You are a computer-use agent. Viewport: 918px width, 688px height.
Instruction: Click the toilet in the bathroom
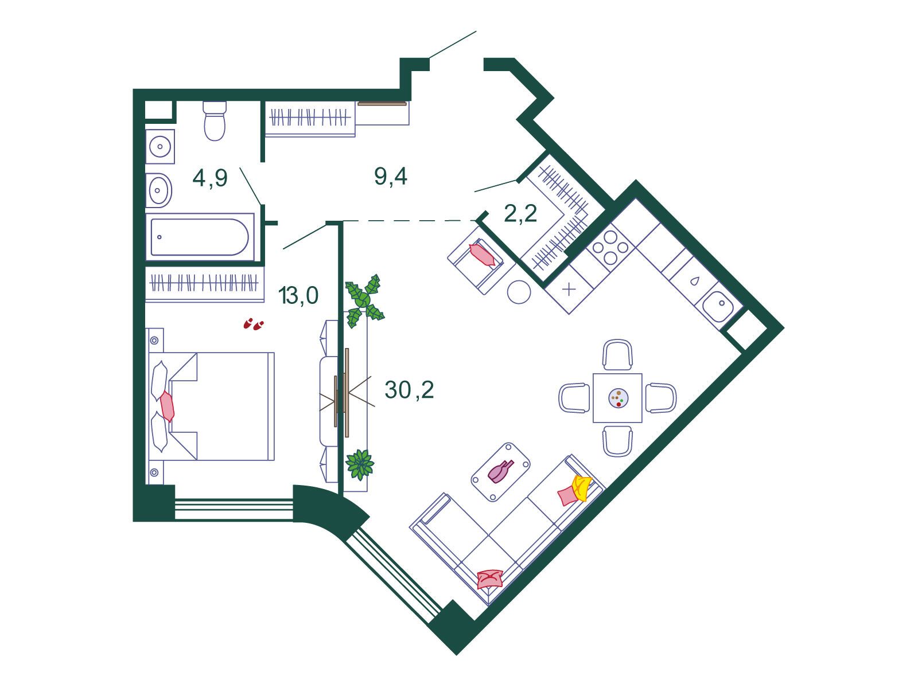[214, 120]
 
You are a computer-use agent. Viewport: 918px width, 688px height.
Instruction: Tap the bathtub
[200, 237]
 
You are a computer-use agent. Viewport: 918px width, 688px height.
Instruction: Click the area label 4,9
[210, 178]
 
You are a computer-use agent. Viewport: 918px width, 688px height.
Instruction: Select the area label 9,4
[391, 176]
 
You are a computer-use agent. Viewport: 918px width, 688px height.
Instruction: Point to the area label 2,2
[520, 214]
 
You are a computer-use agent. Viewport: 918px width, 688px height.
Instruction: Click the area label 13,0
[298, 295]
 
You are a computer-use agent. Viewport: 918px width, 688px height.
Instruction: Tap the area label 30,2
[410, 390]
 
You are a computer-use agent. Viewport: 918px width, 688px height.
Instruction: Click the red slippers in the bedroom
[254, 324]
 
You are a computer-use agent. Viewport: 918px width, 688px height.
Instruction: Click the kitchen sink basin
[718, 306]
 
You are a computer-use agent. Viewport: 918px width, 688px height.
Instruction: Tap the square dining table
[617, 398]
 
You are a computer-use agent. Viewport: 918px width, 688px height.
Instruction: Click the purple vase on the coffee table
[501, 472]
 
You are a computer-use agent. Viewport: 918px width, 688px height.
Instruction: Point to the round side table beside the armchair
[519, 292]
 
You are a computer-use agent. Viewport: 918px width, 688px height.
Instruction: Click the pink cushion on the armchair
[482, 255]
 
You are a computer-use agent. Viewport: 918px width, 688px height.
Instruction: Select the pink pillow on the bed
[168, 406]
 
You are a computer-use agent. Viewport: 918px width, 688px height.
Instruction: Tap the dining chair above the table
[617, 355]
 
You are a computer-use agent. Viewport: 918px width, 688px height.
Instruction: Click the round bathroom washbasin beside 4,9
[158, 190]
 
